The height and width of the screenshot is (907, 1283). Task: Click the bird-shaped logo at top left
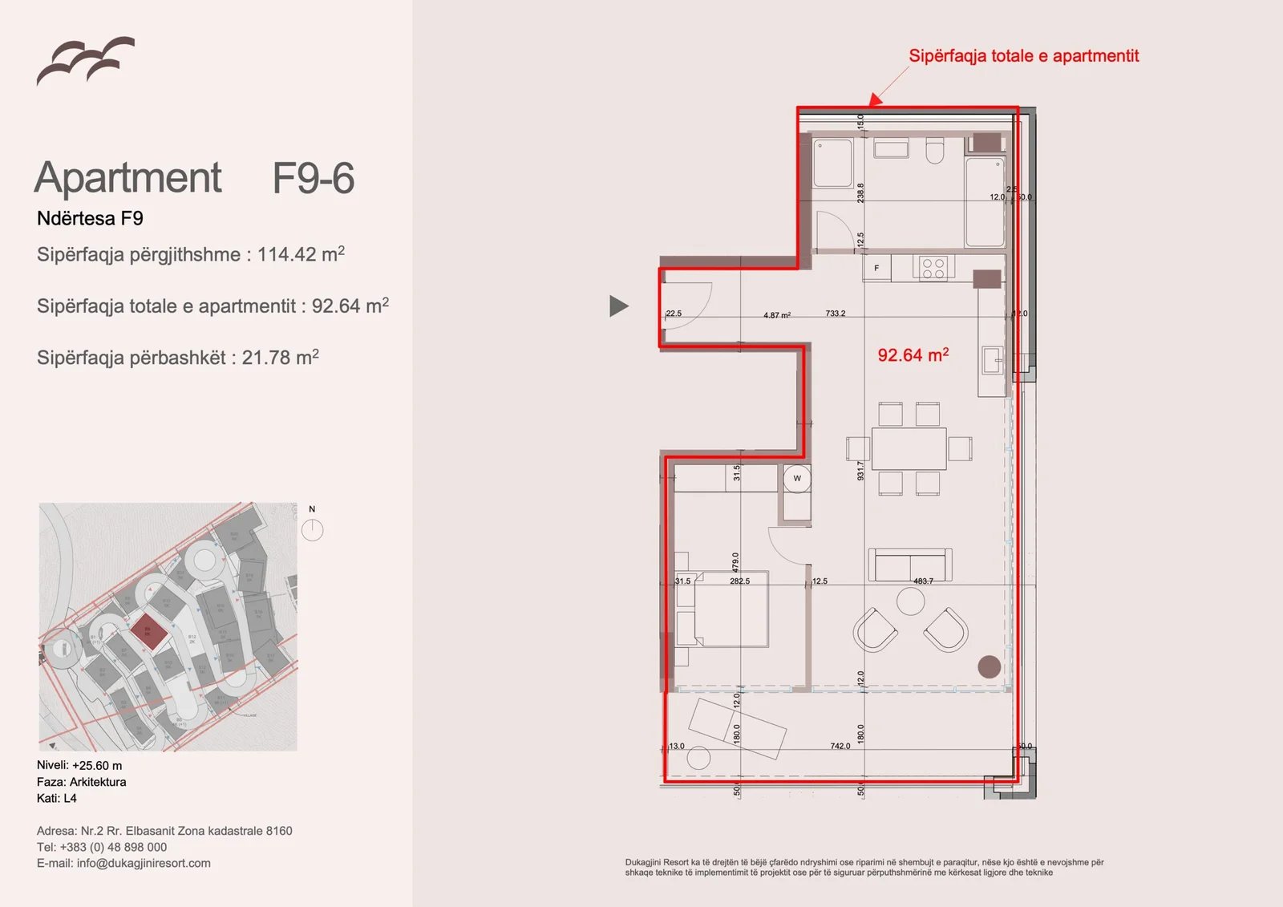pos(85,61)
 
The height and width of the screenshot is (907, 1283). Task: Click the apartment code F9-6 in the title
pos(313,178)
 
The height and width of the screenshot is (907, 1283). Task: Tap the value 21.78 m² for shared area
pos(280,358)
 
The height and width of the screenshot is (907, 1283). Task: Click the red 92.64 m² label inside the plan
pos(913,355)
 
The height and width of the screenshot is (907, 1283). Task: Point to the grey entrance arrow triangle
pos(617,306)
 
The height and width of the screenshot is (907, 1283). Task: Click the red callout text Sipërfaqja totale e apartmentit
pos(1023,56)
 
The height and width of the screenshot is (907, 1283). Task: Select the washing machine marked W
pos(797,479)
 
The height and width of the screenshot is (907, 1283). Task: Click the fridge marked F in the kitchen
pos(876,268)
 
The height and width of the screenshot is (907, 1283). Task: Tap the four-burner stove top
pos(933,268)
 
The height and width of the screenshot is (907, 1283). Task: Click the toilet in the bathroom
pos(935,151)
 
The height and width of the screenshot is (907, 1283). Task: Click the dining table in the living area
pos(909,448)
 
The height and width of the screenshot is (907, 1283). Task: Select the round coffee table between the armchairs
pos(910,601)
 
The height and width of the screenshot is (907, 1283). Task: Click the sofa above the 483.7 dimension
pos(909,564)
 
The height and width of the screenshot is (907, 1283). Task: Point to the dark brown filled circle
pos(989,666)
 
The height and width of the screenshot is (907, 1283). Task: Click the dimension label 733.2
pos(835,314)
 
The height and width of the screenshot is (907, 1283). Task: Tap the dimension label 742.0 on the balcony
pos(840,746)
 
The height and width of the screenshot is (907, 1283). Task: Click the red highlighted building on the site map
pos(148,632)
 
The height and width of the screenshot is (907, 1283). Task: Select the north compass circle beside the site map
pos(312,529)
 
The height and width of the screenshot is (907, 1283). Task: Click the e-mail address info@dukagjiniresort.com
pos(144,863)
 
